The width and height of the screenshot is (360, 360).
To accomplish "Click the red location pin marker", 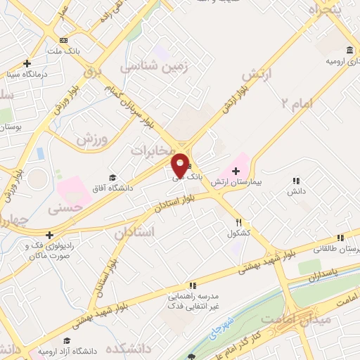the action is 180,166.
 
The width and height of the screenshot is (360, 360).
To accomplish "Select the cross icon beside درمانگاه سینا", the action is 26,63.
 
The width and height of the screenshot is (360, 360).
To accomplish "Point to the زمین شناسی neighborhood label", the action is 148,66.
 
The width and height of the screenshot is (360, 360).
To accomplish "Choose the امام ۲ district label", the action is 295,103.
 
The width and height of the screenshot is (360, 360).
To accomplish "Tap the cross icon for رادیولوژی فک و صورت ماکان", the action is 49,235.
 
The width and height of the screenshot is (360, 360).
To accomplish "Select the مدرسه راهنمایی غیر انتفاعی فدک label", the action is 190,302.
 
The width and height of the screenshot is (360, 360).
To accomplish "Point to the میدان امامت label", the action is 285,320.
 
